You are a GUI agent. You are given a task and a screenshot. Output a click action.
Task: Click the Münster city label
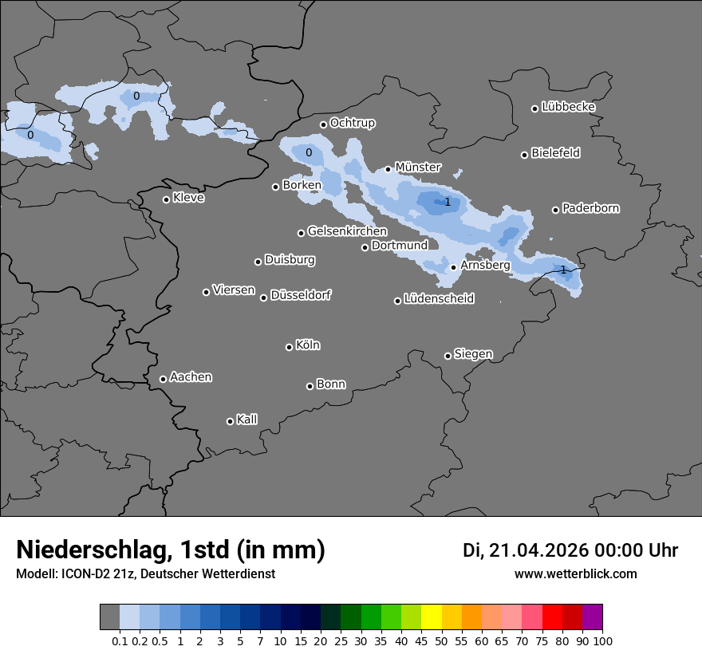tap(418, 167)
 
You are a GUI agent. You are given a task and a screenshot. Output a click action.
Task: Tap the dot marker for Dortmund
tap(365, 247)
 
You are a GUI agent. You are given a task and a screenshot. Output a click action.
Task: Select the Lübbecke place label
tap(568, 107)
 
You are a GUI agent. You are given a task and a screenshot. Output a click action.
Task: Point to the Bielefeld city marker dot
tap(524, 155)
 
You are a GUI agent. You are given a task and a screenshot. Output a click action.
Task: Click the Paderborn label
tap(590, 208)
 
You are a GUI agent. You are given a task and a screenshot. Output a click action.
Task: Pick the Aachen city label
tap(191, 376)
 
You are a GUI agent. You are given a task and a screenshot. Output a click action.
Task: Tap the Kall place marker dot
tap(230, 421)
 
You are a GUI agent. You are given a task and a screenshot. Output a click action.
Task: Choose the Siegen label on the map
tap(473, 353)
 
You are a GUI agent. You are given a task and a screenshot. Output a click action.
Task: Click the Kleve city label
tap(188, 197)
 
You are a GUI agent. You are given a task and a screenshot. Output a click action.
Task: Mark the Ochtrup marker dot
tap(323, 124)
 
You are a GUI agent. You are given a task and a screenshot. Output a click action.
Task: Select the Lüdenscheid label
tap(439, 298)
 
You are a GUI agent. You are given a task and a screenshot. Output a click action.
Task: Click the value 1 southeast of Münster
tap(448, 202)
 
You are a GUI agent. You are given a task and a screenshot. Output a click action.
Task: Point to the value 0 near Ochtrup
tap(309, 152)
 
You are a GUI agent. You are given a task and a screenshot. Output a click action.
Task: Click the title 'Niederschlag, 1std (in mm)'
tap(171, 550)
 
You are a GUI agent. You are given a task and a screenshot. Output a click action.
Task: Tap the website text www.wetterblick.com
tap(575, 573)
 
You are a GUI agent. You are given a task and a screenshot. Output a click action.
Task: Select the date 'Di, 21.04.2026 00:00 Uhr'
tap(570, 550)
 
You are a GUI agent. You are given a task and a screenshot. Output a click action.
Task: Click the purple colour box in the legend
tap(592, 617)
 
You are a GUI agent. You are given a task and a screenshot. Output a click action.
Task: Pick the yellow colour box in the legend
tap(431, 617)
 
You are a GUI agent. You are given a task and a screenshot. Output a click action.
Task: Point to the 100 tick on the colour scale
tap(602, 641)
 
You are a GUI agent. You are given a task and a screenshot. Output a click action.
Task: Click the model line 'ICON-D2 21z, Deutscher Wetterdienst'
tap(145, 573)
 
